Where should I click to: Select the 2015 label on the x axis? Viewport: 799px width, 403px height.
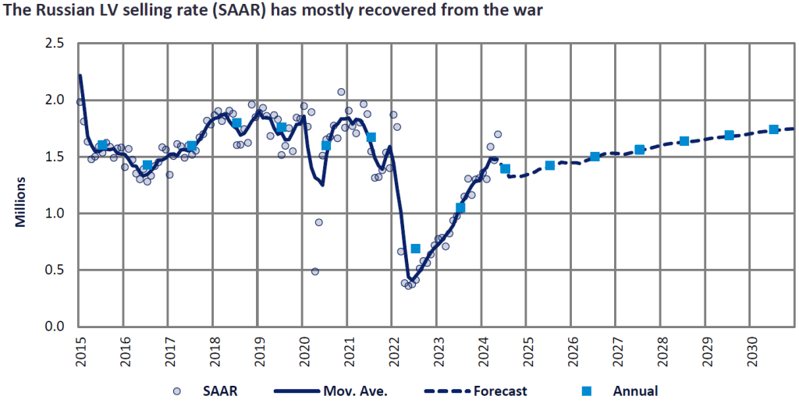[80, 349]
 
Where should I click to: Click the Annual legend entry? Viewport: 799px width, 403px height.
[636, 391]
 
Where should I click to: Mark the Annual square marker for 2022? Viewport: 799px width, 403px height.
[416, 249]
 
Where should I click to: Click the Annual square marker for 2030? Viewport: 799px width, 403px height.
[773, 129]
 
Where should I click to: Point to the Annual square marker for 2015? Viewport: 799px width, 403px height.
[102, 145]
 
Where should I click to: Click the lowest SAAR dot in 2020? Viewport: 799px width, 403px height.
[315, 271]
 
